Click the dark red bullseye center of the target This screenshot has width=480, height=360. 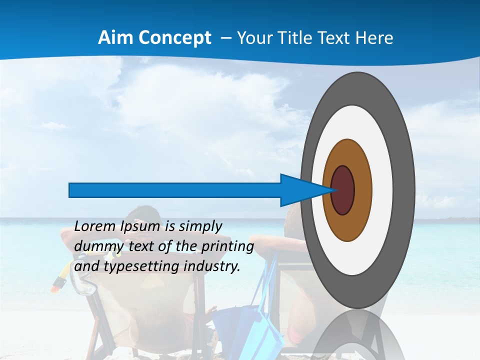(x=343, y=190)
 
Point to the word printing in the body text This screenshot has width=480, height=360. (x=228, y=246)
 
